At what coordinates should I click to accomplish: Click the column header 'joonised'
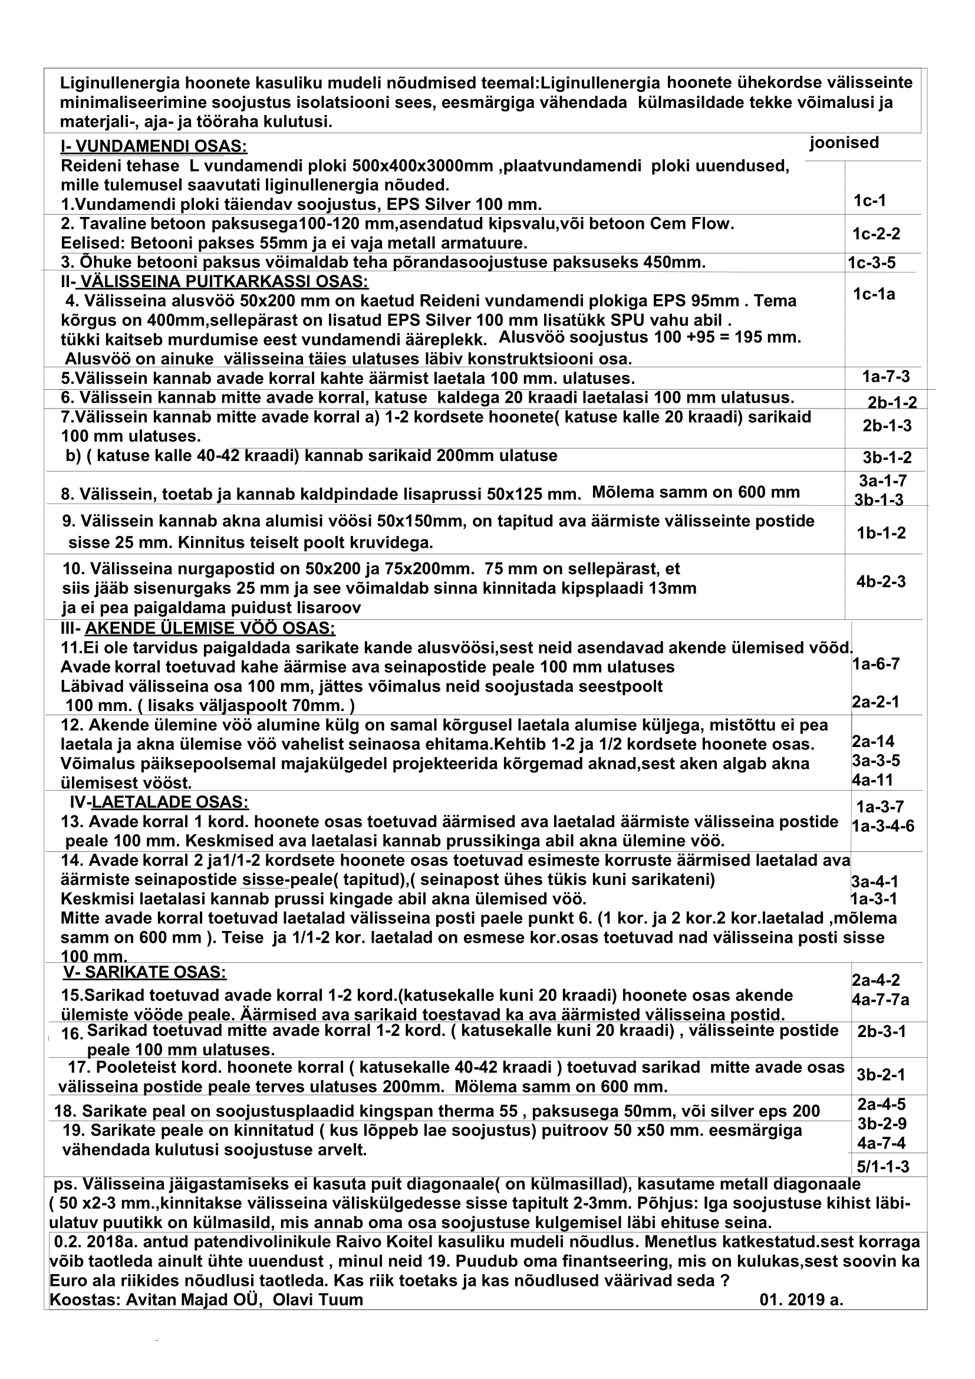point(844,143)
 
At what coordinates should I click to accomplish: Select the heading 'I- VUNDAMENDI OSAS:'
point(154,147)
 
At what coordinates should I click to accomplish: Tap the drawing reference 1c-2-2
point(876,233)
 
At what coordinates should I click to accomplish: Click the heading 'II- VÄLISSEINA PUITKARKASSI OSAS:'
point(215,282)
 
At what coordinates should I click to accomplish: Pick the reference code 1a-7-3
point(886,377)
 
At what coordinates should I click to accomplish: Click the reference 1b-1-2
point(881,532)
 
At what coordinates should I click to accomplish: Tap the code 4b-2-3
point(881,581)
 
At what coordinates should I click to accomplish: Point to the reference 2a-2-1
point(875,702)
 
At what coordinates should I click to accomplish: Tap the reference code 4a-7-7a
point(880,999)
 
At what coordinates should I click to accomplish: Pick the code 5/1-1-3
point(882,1166)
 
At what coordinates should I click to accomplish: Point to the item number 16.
point(72,1034)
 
